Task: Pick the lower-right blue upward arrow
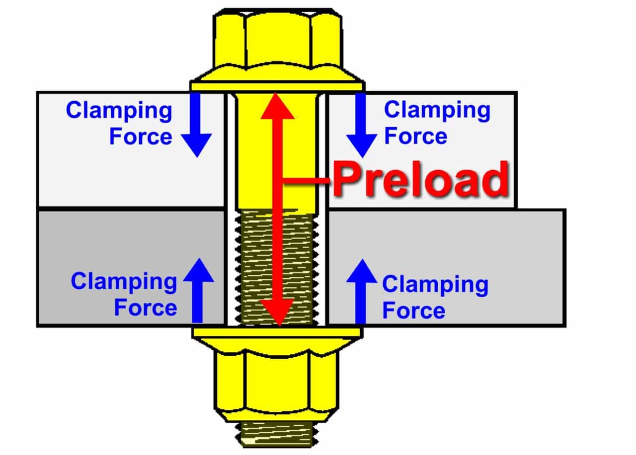tap(361, 290)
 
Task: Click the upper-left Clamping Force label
tap(119, 123)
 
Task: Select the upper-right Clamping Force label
tap(436, 123)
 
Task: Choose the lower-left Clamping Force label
tap(124, 294)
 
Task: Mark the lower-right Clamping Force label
tap(435, 297)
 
